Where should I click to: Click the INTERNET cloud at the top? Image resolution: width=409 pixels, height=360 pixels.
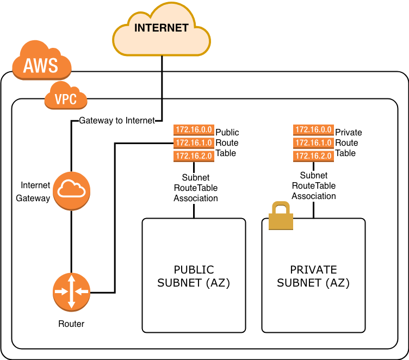162,31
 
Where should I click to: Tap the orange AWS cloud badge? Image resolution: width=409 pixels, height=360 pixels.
41,62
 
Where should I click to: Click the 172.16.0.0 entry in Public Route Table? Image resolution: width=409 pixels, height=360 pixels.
193,131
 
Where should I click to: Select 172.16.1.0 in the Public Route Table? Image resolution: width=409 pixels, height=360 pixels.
193,143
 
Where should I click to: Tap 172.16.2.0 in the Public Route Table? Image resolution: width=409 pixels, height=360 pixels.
193,156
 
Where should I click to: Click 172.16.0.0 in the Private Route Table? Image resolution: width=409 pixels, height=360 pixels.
313,131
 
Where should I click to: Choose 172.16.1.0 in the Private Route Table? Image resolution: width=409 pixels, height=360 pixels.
313,143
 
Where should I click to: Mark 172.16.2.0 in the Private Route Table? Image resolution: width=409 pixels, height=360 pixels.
313,156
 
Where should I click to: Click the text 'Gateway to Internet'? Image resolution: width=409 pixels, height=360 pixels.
117,120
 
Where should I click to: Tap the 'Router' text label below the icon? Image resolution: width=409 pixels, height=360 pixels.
71,324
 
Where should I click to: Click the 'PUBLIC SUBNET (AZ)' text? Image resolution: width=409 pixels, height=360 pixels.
194,276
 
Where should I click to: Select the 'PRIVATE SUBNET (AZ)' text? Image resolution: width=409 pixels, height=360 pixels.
313,276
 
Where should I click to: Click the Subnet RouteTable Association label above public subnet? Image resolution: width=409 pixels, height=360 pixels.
195,188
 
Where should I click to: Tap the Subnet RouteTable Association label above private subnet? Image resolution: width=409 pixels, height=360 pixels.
314,186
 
